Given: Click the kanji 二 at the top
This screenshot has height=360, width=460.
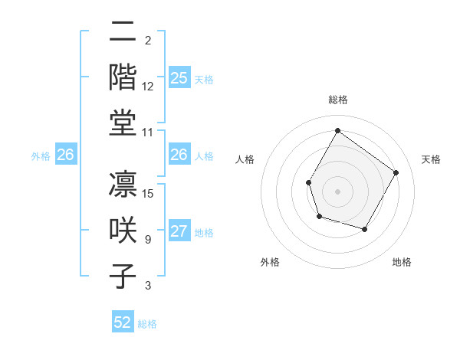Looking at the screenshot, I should (x=123, y=33).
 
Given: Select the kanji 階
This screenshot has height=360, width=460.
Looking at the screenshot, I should (x=123, y=79).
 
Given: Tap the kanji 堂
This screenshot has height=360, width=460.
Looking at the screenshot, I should (x=123, y=123).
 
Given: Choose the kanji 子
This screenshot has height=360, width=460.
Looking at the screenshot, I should (x=123, y=277).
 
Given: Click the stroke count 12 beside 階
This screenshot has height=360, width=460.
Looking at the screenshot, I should (x=148, y=87).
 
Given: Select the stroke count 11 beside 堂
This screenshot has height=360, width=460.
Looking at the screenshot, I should (x=148, y=132).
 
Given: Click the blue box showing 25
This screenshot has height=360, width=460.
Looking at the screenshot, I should (x=179, y=78).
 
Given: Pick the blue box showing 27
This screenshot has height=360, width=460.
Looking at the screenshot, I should (x=179, y=232).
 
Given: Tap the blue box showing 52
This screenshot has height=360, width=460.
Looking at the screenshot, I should (x=123, y=323).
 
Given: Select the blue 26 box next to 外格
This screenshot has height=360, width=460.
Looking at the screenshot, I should (x=66, y=155).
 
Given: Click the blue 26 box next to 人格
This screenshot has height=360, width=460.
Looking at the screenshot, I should (x=179, y=155).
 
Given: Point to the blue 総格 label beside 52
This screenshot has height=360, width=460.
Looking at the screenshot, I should (x=147, y=324).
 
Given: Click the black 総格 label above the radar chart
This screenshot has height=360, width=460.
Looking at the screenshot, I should (x=337, y=100).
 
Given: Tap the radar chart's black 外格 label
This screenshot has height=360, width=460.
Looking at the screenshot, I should (x=270, y=262).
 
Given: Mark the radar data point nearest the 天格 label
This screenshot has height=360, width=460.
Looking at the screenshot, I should (x=396, y=172).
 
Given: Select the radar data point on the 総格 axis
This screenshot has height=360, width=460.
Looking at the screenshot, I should (x=337, y=130).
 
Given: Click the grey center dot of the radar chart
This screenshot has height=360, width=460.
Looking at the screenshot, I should (x=337, y=191).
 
